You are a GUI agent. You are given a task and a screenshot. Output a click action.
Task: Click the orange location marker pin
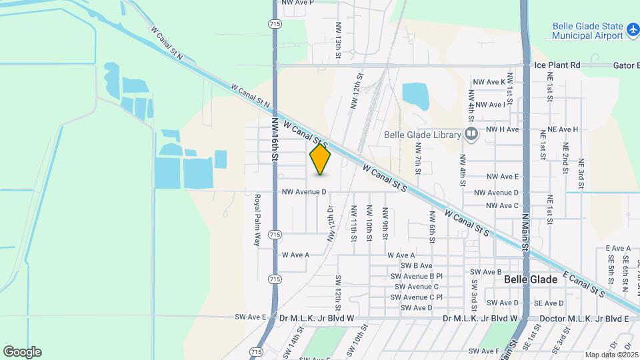click(x=321, y=159)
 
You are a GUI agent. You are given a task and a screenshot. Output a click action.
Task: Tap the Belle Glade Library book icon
click(x=472, y=135)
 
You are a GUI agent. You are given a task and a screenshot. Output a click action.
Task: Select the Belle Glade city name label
click(x=531, y=279)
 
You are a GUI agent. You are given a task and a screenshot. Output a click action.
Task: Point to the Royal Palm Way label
click(x=257, y=220)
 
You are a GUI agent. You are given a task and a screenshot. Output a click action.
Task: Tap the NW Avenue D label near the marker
click(x=304, y=192)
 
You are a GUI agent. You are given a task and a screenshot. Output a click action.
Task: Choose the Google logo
click(x=22, y=352)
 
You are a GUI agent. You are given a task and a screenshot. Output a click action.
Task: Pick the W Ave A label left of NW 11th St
click(x=296, y=255)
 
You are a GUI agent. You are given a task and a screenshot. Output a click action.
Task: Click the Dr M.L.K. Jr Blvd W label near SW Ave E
click(x=317, y=319)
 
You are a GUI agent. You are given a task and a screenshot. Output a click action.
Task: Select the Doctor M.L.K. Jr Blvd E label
click(x=581, y=319)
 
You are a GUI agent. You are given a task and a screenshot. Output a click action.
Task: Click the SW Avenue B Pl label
click(x=417, y=276)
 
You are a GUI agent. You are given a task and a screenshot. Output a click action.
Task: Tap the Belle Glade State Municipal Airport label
click(x=587, y=31)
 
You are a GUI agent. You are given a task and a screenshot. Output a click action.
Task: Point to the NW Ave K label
click(x=489, y=82)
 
